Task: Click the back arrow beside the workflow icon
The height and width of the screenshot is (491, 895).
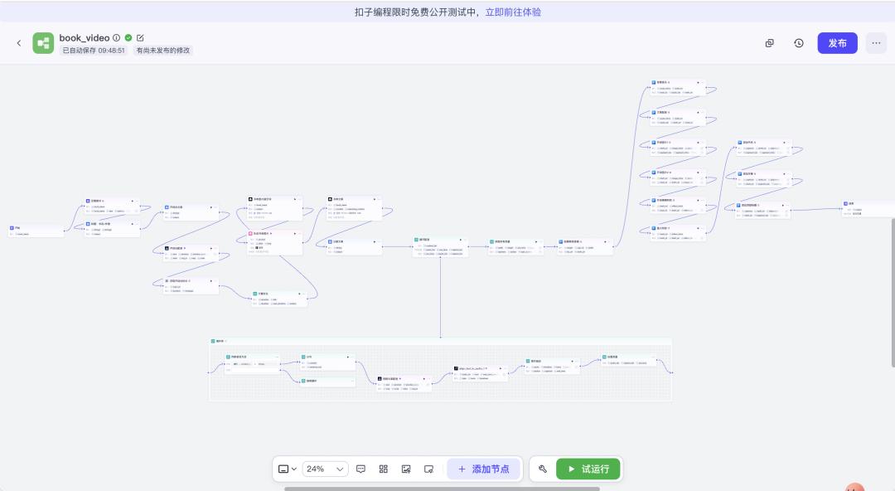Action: click(x=19, y=43)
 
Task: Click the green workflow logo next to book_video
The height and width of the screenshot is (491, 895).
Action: click(x=43, y=43)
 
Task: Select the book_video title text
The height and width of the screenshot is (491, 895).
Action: click(x=85, y=38)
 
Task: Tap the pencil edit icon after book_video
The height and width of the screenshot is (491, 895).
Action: click(x=140, y=38)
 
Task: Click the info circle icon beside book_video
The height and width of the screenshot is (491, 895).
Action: click(x=117, y=38)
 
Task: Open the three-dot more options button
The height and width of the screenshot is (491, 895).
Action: click(x=876, y=43)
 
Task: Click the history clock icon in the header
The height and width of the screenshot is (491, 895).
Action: click(x=799, y=43)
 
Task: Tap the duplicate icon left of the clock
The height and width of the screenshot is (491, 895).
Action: click(x=770, y=43)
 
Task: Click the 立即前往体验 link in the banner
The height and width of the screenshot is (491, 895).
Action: click(x=513, y=12)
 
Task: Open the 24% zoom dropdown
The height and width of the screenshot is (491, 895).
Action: click(x=325, y=469)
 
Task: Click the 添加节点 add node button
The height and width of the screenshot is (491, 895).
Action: click(x=484, y=469)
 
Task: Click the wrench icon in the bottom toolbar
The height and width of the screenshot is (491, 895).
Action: click(x=543, y=469)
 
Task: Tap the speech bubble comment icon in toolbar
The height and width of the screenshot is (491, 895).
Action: click(x=361, y=469)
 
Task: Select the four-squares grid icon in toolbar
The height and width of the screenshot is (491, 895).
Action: click(x=384, y=469)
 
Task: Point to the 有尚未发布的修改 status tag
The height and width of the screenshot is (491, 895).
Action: click(x=163, y=51)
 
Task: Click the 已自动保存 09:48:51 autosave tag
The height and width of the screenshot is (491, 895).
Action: click(x=94, y=51)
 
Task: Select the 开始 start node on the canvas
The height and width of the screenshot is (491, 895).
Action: click(x=36, y=231)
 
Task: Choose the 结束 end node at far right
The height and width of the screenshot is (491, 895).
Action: click(x=867, y=207)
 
